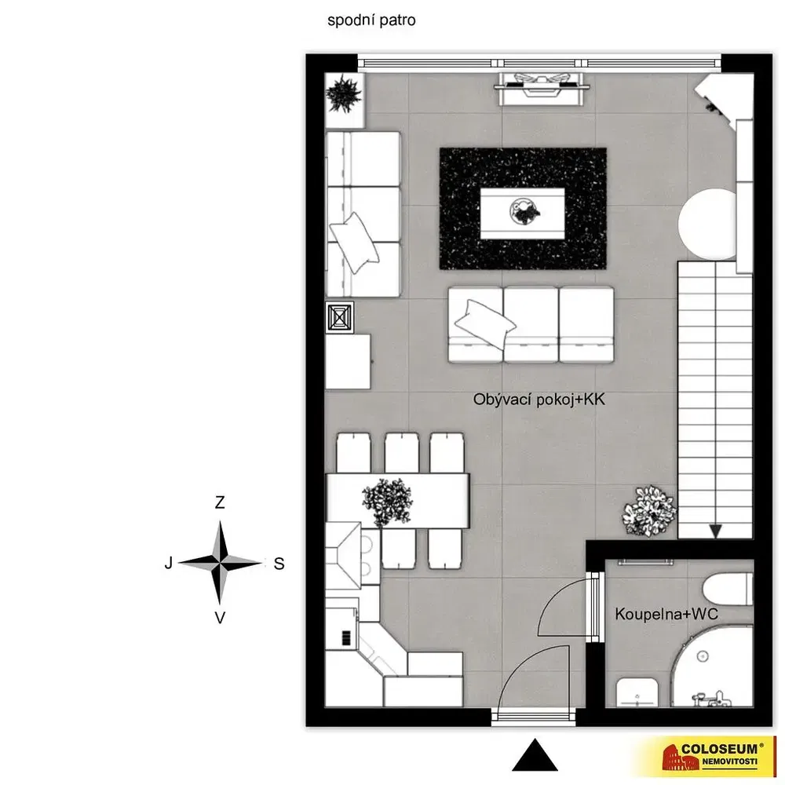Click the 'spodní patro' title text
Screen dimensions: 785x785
pyautogui.click(x=371, y=20)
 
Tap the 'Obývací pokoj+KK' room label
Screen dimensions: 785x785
pyautogui.click(x=539, y=400)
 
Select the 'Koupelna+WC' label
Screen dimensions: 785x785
pyautogui.click(x=666, y=614)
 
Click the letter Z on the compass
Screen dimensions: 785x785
pyautogui.click(x=220, y=502)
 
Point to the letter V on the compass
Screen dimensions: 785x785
pyautogui.click(x=220, y=618)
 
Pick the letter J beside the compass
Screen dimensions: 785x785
pyautogui.click(x=169, y=563)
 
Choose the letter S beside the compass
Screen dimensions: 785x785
pyautogui.click(x=279, y=564)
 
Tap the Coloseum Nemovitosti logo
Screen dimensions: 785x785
pyautogui.click(x=711, y=756)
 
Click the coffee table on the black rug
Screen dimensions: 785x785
pyautogui.click(x=522, y=214)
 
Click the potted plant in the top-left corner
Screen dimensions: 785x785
pyautogui.click(x=344, y=93)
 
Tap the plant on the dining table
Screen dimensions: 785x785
pyautogui.click(x=388, y=502)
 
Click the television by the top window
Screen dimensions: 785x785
pyautogui.click(x=542, y=89)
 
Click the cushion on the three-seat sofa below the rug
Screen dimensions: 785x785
pyautogui.click(x=484, y=324)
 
